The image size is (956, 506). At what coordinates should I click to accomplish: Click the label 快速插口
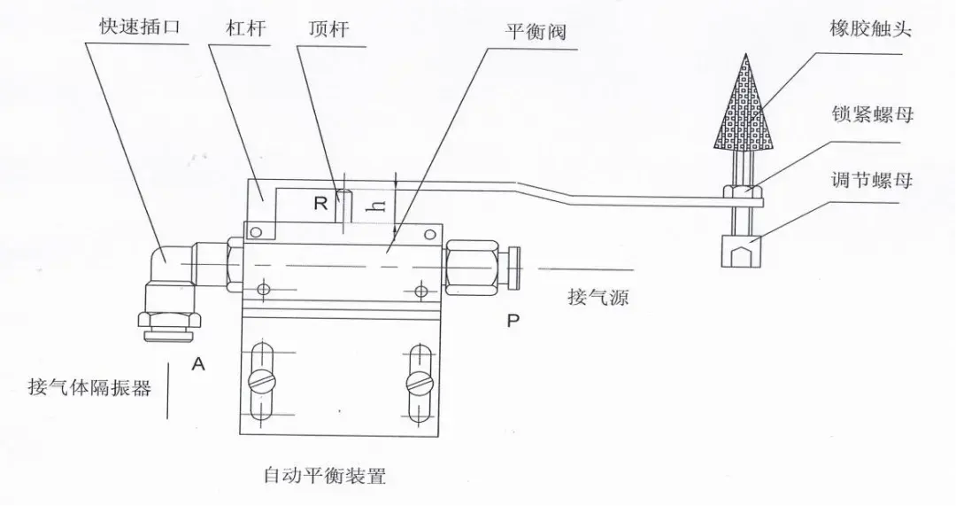141,27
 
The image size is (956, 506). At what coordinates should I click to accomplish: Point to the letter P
513,321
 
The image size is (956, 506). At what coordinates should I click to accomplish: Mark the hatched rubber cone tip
742,106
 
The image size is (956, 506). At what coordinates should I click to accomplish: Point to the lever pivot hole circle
257,233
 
